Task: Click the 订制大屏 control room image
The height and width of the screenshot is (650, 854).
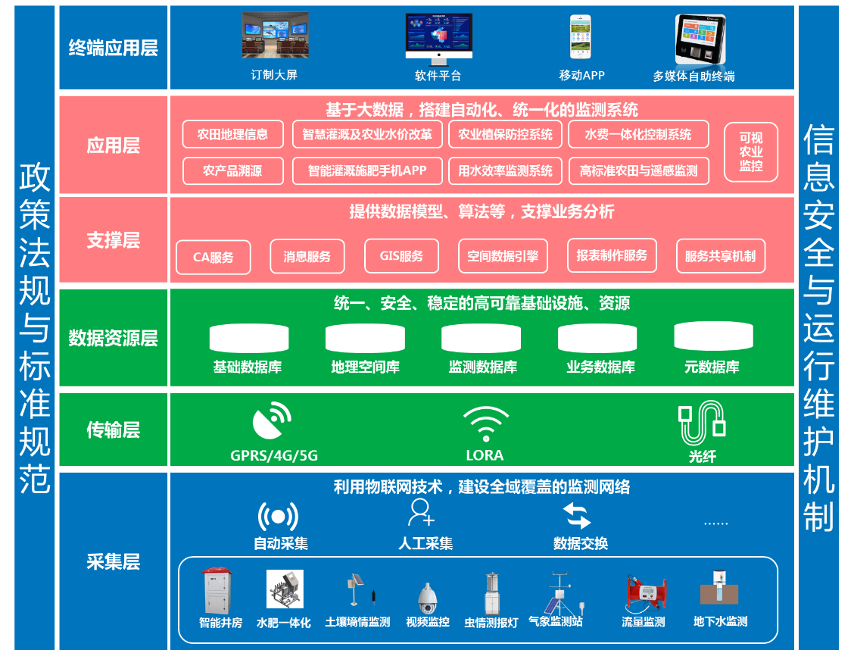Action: (275, 36)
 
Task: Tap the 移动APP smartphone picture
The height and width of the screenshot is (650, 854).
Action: (581, 37)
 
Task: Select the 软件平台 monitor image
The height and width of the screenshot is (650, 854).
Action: (438, 38)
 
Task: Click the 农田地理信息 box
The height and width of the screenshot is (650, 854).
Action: (232, 135)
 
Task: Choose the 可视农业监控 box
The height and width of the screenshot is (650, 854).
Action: (751, 152)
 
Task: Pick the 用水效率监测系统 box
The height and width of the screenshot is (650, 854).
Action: (505, 171)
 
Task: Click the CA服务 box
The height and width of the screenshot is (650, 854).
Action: (213, 257)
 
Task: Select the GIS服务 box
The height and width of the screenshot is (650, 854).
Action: (401, 256)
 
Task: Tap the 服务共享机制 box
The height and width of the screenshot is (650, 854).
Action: (720, 256)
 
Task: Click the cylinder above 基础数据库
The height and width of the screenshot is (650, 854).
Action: (248, 338)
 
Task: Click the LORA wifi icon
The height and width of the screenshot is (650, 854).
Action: (485, 424)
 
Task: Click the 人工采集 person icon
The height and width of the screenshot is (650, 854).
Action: (421, 513)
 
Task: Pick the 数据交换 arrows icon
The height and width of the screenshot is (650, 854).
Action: (577, 516)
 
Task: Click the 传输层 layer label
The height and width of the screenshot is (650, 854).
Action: (114, 430)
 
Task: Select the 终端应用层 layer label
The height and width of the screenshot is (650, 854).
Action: (114, 48)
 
